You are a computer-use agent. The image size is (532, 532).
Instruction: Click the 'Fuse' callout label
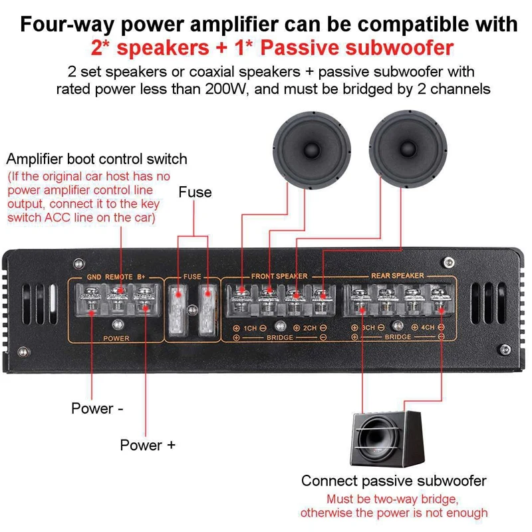coord(195,193)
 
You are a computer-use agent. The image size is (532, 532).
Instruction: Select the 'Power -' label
coord(97,408)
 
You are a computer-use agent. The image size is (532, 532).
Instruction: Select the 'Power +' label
coord(148,445)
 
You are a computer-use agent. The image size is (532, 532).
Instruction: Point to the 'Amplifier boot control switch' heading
coord(96,160)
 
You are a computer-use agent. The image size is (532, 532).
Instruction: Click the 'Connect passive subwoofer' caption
coord(394,481)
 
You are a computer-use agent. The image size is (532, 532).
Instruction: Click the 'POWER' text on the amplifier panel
coord(116,338)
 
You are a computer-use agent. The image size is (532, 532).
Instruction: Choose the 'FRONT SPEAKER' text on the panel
coord(279,276)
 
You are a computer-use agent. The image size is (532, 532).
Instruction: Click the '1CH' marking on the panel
coord(249,328)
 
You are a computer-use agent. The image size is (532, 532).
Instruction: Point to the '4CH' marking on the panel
coord(428,328)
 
